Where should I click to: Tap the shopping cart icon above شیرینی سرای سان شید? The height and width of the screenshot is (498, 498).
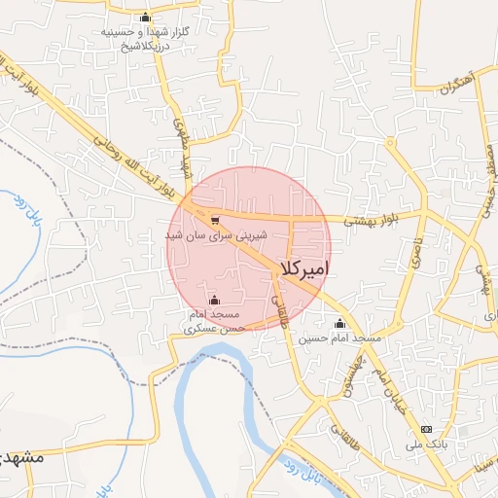pyautogui.click(x=214, y=220)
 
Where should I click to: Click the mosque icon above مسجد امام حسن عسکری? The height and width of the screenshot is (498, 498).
pyautogui.click(x=214, y=300)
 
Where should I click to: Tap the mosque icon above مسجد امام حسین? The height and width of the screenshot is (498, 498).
pyautogui.click(x=339, y=323)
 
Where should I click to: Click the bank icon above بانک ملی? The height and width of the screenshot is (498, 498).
pyautogui.click(x=425, y=429)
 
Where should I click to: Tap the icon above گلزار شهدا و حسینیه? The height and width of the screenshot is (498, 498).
pyautogui.click(x=146, y=17)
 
